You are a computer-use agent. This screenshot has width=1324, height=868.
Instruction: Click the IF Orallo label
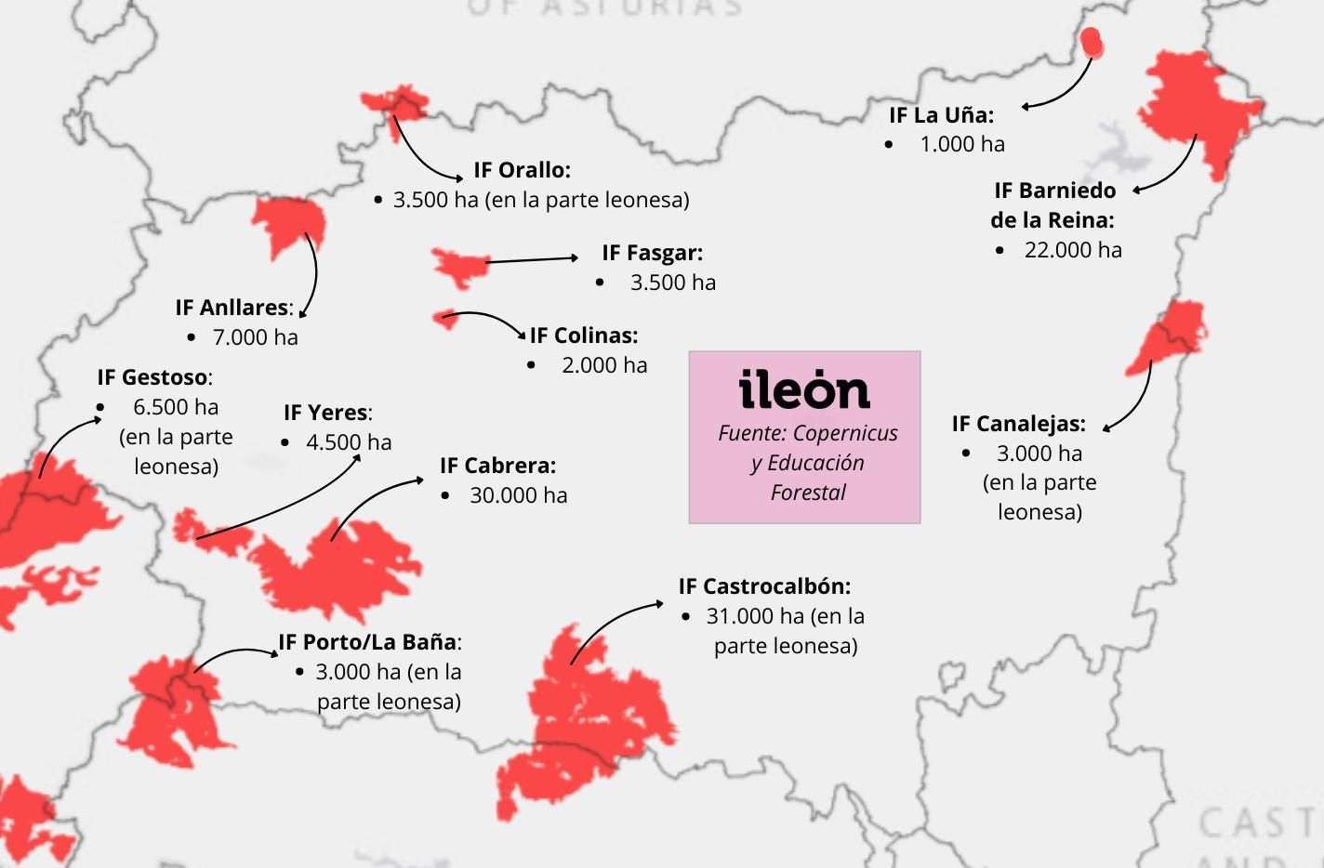[522, 170]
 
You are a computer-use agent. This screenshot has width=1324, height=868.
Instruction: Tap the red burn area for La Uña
[1092, 43]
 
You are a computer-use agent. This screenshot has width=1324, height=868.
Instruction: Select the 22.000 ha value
[1073, 250]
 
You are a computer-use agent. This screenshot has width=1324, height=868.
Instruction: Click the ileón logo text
[804, 390]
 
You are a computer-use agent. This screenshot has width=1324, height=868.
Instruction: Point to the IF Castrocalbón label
[764, 586]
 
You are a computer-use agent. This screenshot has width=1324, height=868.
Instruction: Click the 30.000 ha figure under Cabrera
[518, 495]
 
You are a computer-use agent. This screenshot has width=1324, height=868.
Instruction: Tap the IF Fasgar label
[652, 253]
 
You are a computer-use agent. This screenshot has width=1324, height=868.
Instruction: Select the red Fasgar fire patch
[457, 265]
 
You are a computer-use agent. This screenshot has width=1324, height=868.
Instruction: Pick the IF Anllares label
[233, 308]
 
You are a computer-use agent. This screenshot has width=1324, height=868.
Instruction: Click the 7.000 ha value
[255, 337]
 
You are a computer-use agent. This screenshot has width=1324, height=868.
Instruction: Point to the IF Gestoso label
[154, 377]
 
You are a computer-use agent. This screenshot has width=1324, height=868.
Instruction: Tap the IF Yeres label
[327, 413]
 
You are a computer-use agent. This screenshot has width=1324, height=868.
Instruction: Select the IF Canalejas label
[1018, 424]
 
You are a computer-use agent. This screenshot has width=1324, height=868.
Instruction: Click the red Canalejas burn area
[1172, 335]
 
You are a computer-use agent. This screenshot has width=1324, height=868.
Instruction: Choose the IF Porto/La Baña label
[369, 642]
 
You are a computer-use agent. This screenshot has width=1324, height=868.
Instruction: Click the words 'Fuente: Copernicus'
[807, 433]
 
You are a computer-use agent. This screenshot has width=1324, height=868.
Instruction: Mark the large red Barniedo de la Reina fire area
[1195, 107]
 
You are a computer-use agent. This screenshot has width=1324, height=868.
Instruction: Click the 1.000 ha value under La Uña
[961, 144]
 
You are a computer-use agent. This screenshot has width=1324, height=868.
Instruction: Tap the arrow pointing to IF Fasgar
[532, 259]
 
